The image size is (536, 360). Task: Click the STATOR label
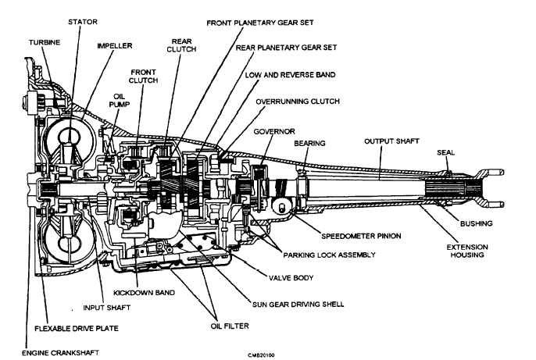click(83, 22)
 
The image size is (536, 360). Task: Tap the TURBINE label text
click(45, 42)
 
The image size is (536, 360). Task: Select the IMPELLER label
click(115, 46)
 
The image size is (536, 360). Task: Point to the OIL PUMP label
click(119, 101)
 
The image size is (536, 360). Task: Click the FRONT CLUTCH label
click(143, 77)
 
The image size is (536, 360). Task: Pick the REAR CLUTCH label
click(181, 45)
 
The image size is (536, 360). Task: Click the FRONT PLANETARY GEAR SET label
click(260, 23)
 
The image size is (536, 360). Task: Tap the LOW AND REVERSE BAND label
click(290, 75)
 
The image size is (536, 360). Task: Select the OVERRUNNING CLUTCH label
click(298, 102)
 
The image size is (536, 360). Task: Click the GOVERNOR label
click(274, 131)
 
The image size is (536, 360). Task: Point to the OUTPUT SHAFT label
click(391, 141)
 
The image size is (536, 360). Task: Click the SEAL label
click(446, 153)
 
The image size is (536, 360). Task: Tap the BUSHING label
click(476, 223)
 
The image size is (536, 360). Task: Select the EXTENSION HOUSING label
click(467, 251)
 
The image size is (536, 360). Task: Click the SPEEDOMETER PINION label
click(361, 236)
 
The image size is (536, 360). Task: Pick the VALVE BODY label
click(291, 278)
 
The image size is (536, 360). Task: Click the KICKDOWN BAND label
click(144, 293)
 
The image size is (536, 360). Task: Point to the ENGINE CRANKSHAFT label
click(60, 353)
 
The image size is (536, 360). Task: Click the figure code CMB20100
click(261, 355)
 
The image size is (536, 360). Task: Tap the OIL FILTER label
click(230, 326)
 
